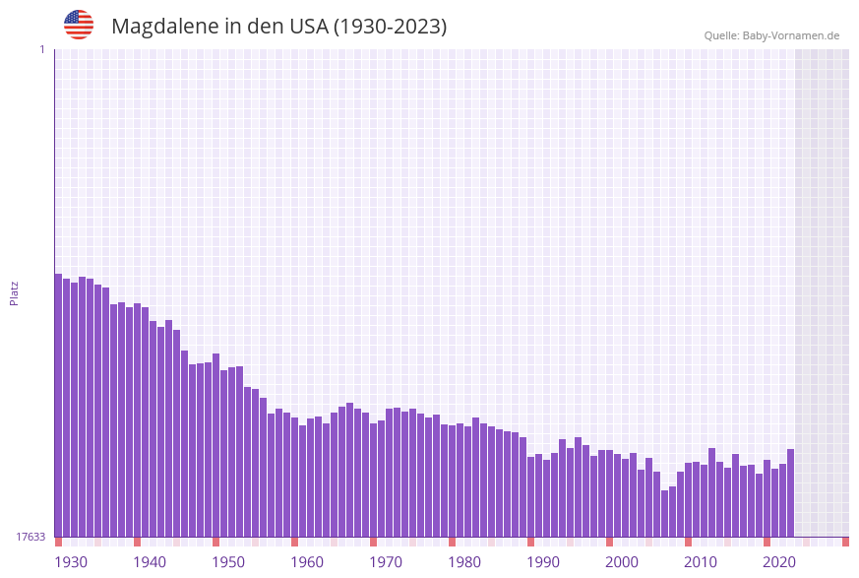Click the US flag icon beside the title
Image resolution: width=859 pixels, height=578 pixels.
click(79, 25)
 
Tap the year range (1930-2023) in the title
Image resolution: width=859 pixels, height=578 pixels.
click(390, 27)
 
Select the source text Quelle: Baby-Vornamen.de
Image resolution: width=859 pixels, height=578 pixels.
click(771, 35)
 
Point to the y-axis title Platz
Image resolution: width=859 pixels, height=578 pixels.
click(15, 292)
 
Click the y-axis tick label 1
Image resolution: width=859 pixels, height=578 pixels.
click(41, 49)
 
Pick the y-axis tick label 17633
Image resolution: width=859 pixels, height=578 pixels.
click(31, 537)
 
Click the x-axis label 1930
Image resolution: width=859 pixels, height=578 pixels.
click(71, 562)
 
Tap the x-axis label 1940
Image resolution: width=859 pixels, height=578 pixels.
click(150, 562)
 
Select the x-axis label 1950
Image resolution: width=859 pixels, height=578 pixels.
click(228, 562)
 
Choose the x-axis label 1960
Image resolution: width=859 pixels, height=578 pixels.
click(307, 562)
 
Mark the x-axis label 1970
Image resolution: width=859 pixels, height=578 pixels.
click(386, 562)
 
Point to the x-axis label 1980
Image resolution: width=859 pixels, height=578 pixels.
click(464, 562)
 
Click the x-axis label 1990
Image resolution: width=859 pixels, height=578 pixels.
click(543, 562)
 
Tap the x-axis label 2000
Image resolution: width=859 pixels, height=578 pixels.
click(622, 562)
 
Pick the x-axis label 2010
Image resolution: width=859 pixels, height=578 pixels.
click(701, 562)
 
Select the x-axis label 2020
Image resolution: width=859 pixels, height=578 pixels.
click(779, 562)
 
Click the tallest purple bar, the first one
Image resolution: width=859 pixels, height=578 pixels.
click(58, 404)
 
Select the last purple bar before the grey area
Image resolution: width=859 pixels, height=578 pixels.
click(790, 492)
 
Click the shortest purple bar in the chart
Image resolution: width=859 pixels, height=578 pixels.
click(664, 513)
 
